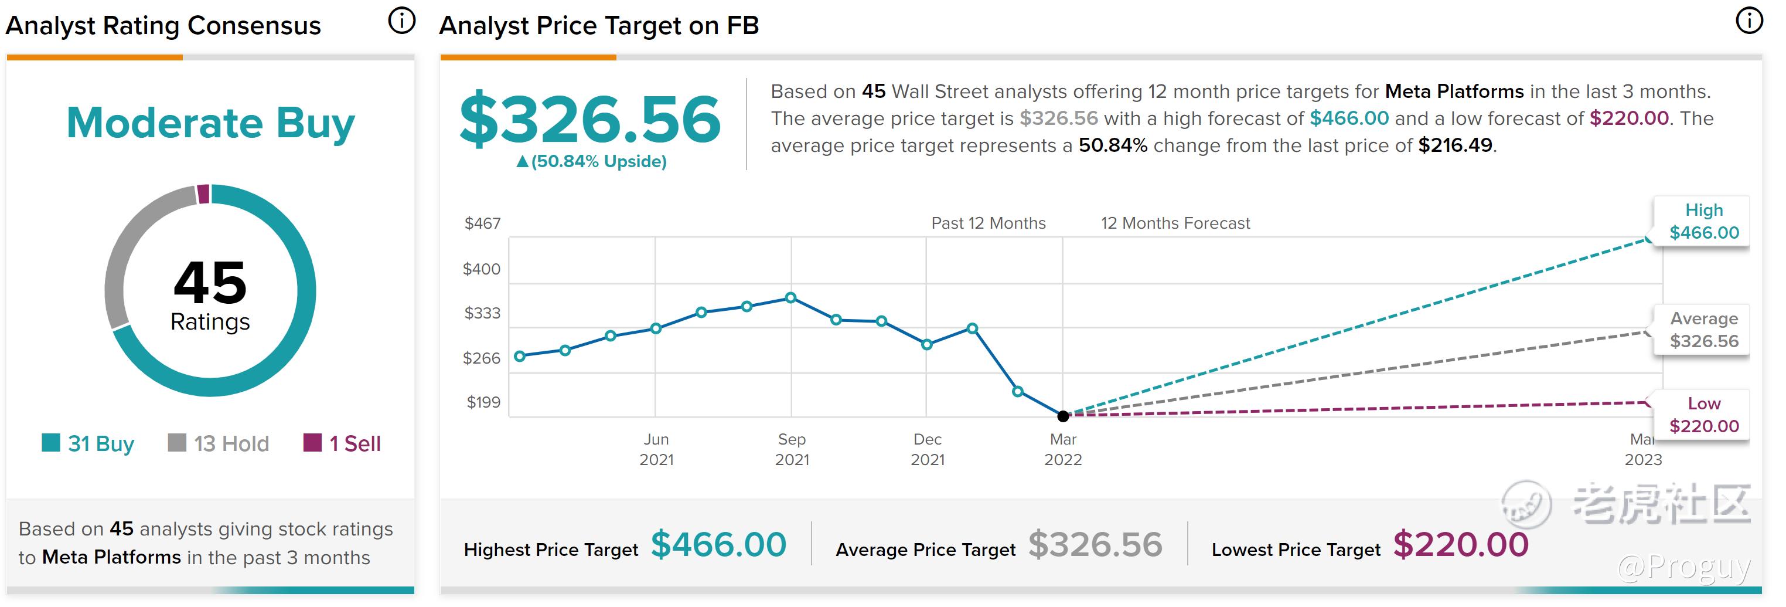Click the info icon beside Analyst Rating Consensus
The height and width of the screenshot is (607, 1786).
(401, 21)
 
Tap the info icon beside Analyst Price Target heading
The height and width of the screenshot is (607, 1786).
(1748, 21)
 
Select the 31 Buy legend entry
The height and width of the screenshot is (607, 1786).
(88, 443)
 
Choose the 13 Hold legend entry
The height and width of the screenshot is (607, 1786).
(219, 443)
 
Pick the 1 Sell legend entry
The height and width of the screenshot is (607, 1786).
(343, 443)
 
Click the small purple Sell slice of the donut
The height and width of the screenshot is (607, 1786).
(203, 194)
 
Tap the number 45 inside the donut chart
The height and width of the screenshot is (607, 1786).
(210, 283)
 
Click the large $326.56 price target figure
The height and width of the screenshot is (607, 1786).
(590, 119)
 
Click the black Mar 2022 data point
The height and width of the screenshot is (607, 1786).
(1063, 416)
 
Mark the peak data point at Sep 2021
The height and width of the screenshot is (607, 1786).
(790, 297)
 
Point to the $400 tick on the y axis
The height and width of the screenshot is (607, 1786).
(481, 269)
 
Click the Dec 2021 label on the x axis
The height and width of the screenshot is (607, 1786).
(927, 449)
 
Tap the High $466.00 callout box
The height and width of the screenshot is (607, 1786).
(1703, 221)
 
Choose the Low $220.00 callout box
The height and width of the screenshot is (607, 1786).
(1703, 415)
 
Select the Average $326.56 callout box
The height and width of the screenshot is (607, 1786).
(1703, 330)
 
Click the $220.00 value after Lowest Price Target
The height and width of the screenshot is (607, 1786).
(1460, 545)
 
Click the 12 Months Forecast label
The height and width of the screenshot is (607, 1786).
(1175, 223)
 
